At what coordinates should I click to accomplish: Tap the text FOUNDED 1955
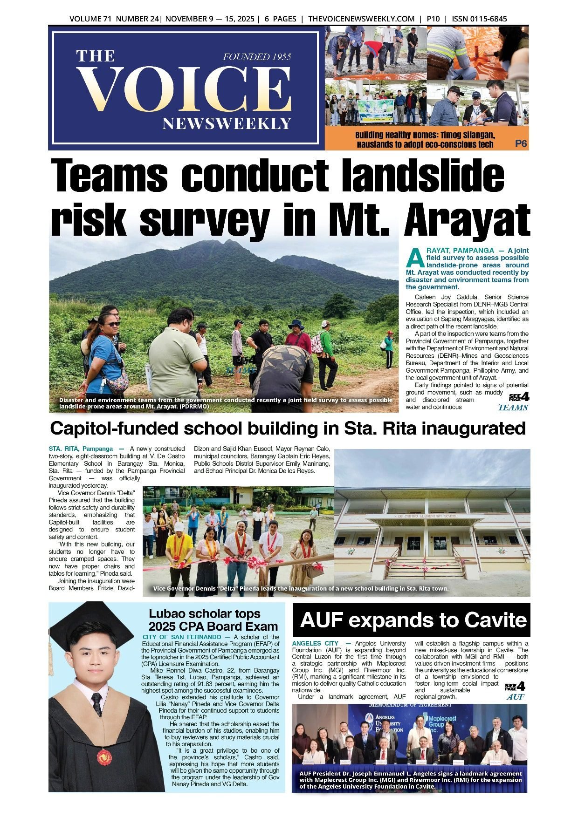click(x=257, y=57)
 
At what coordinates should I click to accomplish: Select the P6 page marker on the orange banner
click(x=521, y=144)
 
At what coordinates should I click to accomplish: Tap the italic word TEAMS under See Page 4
click(x=513, y=408)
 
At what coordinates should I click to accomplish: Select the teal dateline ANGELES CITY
click(x=315, y=643)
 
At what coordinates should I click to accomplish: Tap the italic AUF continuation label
click(x=515, y=697)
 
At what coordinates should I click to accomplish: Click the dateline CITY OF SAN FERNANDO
click(x=182, y=637)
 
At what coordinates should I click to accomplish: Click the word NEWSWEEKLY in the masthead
click(x=227, y=124)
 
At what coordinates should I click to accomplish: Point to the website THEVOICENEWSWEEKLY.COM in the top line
click(x=361, y=19)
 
